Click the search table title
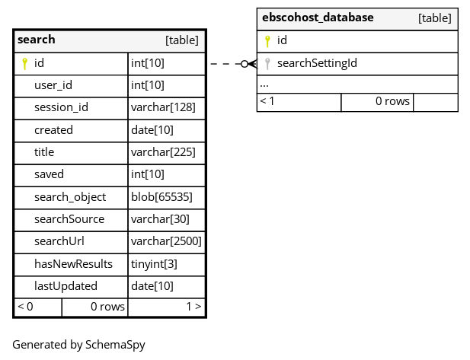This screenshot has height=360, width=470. pos(37,40)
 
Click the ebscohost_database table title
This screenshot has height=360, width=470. pos(318,18)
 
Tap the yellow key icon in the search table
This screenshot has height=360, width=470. pos(25,63)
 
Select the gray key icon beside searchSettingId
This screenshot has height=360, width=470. pos(267,64)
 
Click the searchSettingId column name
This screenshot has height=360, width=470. pos(317,63)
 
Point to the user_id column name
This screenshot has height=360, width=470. pos(53,85)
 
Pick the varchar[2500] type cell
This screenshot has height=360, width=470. pos(166,241)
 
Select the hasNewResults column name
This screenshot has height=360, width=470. pos(73,264)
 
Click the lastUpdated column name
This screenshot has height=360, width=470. pos(66,286)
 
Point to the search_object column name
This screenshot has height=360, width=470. pos(70,197)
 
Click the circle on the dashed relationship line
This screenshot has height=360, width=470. pos(245,64)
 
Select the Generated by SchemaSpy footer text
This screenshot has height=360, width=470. pos(78,345)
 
